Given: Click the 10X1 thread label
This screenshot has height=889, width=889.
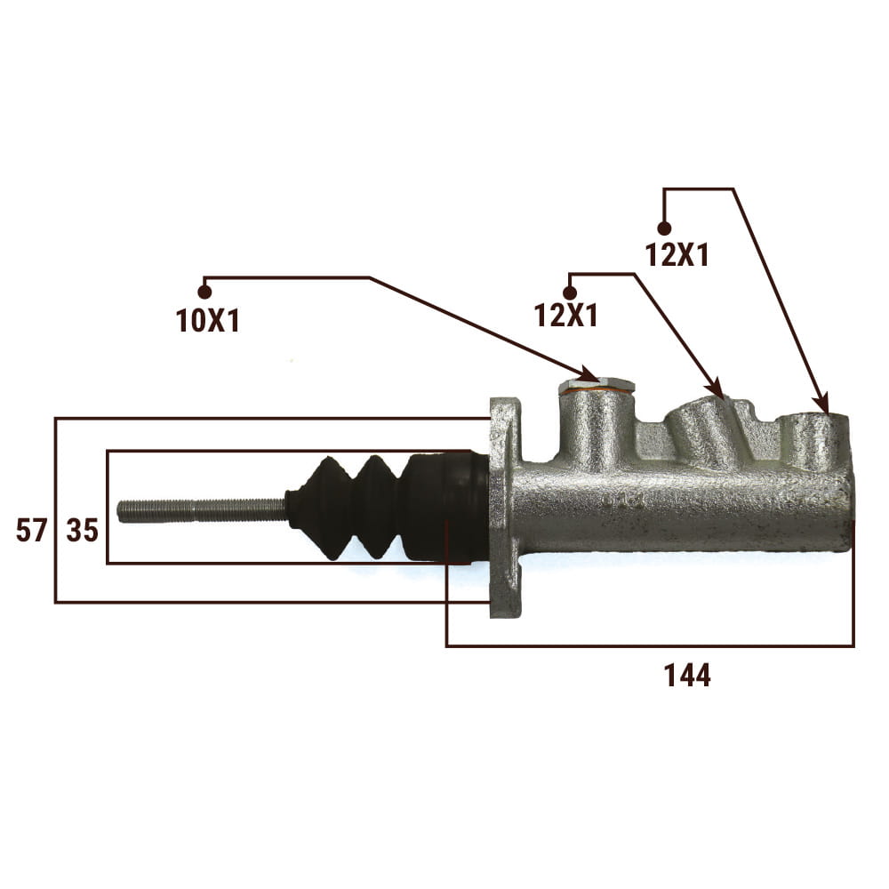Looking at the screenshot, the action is tap(208, 321).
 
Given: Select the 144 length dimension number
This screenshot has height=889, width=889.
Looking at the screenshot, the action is tap(686, 676).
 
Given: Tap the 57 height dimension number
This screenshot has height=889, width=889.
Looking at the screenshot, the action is tap(31, 531).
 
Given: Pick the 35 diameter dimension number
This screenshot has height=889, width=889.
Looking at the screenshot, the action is tap(83, 531).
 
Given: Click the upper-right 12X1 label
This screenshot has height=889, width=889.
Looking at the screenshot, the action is tap(677, 254).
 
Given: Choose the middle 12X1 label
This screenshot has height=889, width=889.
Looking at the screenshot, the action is tap(565, 316).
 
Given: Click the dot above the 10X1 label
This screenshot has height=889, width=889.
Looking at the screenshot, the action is tap(204, 292).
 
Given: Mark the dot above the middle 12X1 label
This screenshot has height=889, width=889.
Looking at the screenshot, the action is tap(570, 292).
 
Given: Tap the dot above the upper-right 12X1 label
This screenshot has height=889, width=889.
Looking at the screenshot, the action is tap(664, 228).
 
